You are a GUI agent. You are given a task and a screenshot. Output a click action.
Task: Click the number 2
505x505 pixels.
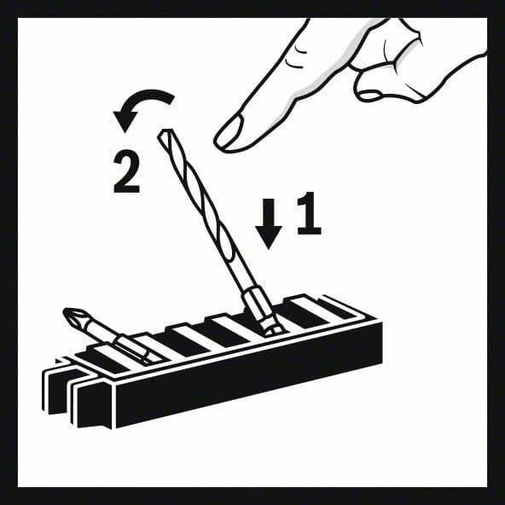click(x=126, y=174)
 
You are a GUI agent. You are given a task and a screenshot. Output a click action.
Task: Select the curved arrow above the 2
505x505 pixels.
click(x=142, y=106)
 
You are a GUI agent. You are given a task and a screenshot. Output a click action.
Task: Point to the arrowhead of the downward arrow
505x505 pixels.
click(x=269, y=236)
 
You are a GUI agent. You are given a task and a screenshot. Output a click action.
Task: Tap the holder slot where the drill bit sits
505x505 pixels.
click(x=265, y=328)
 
